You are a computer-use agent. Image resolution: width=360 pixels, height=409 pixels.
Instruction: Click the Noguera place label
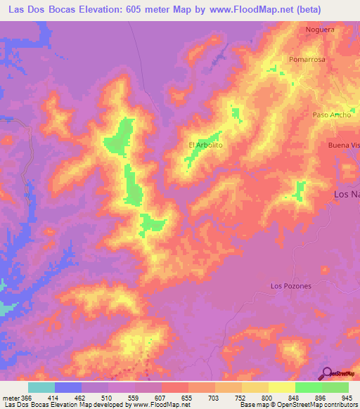(x=319, y=30)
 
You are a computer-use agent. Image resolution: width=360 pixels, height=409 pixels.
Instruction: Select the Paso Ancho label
(x=331, y=115)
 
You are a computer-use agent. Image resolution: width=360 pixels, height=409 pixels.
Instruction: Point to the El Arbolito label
(x=205, y=145)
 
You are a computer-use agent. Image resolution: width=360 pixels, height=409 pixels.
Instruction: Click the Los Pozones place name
(x=290, y=286)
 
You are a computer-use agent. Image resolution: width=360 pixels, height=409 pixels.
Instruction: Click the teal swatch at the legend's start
(x=41, y=387)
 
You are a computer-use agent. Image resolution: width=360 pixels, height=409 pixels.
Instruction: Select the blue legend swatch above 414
(x=68, y=387)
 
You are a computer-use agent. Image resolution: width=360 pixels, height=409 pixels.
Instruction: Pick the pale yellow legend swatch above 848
(x=282, y=387)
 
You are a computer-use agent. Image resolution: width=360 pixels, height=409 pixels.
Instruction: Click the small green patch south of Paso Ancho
(x=300, y=188)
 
